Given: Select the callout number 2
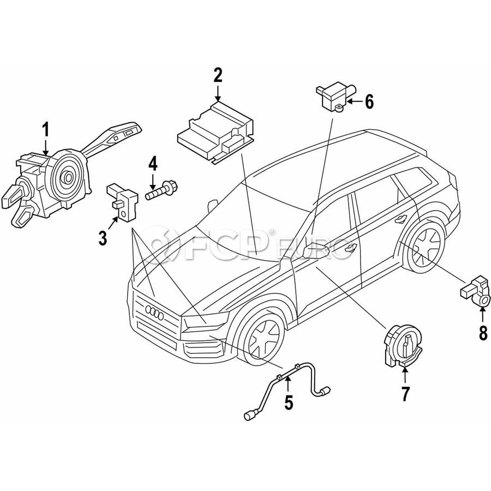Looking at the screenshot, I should [x=218, y=75].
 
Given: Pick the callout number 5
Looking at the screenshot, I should [x=288, y=403].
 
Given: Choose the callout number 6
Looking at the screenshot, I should [x=369, y=101].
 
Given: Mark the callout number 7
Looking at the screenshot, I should [x=405, y=394].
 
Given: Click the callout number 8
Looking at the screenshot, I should [x=483, y=332].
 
